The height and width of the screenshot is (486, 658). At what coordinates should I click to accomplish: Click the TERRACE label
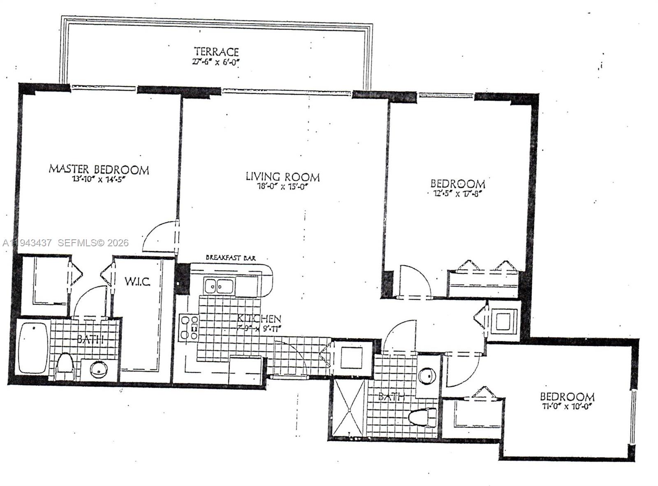(x=216, y=52)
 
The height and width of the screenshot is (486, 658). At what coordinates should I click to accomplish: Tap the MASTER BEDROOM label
(x=99, y=169)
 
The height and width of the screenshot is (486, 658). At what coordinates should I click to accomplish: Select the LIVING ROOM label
(x=283, y=177)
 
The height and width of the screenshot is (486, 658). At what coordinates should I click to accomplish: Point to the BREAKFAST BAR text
(x=230, y=258)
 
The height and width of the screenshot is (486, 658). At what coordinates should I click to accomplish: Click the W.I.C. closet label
(x=137, y=282)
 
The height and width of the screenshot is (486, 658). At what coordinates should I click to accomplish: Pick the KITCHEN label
(x=259, y=318)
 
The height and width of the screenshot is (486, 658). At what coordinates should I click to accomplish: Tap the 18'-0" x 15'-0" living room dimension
(x=283, y=187)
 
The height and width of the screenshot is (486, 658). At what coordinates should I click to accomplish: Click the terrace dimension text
(x=216, y=62)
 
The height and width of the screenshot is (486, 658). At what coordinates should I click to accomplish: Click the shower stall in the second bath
(x=349, y=407)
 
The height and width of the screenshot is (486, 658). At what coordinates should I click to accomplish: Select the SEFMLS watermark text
(x=93, y=243)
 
